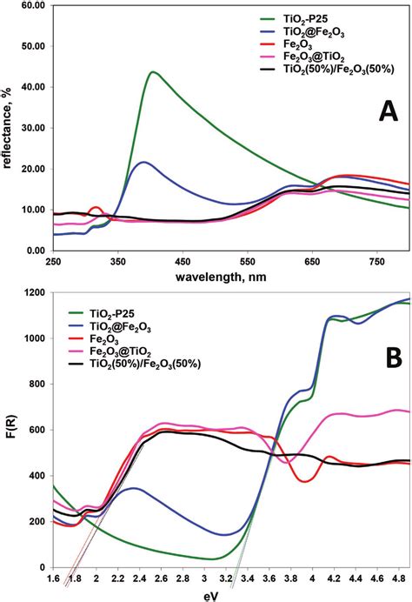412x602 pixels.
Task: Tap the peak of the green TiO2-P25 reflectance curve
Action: [153, 72]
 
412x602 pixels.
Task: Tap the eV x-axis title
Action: [232, 593]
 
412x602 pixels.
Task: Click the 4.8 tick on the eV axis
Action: [400, 580]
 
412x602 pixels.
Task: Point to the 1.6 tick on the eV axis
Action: [53, 580]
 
